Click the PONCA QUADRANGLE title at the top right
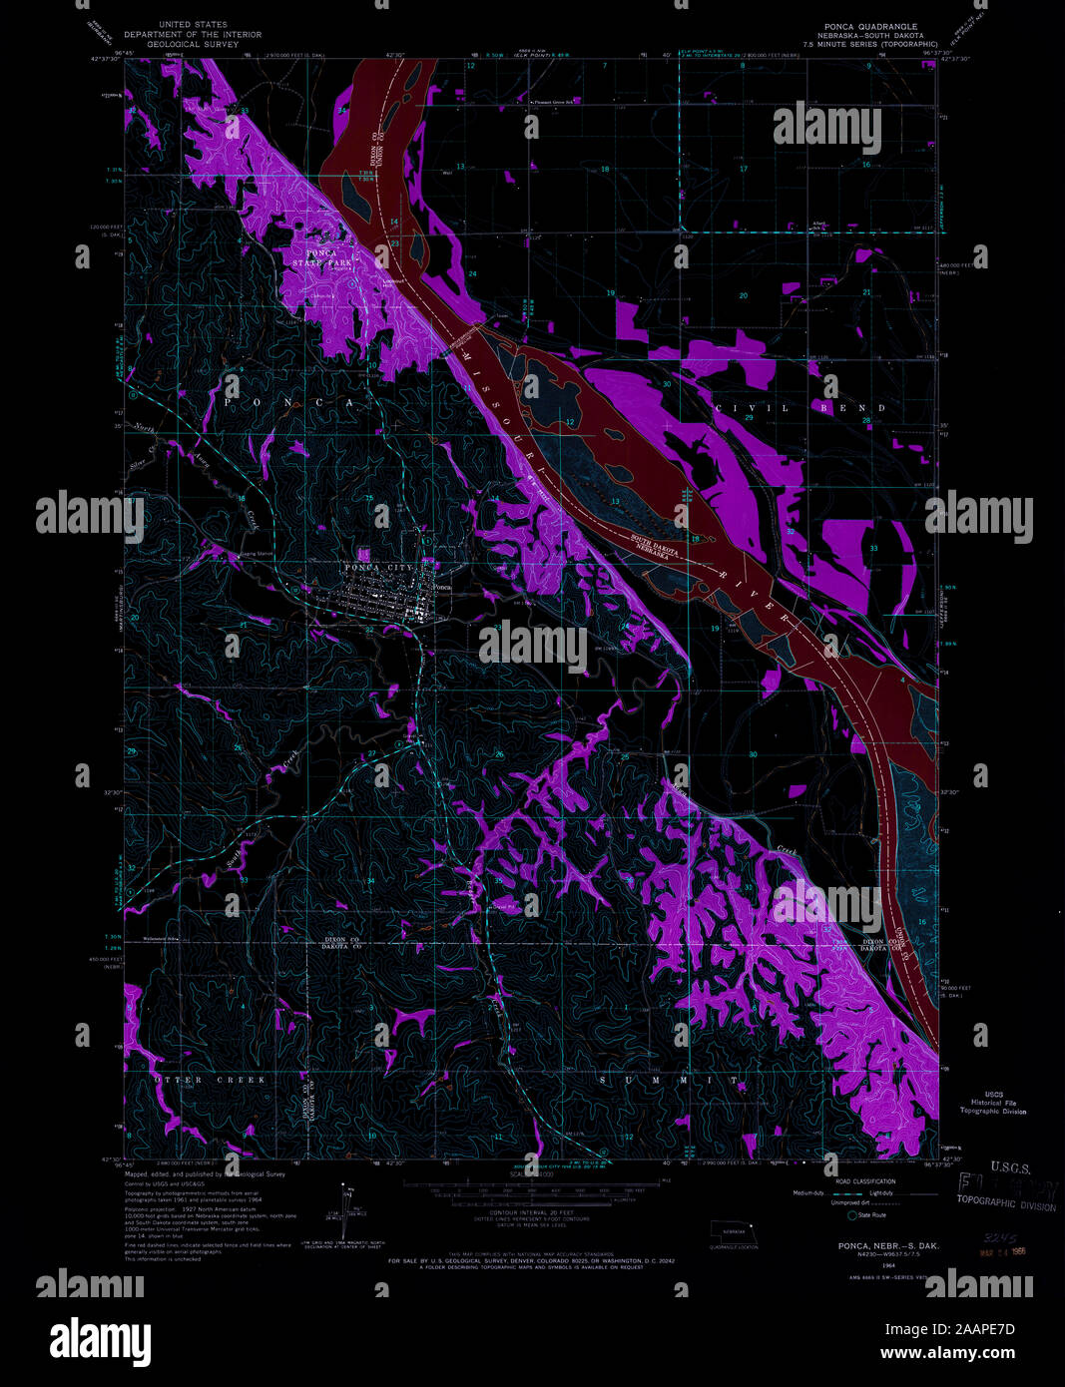point(869,26)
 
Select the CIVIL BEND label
point(799,408)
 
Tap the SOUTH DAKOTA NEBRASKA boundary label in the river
point(662,547)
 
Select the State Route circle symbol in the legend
point(852,1215)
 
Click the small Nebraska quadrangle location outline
point(733,1233)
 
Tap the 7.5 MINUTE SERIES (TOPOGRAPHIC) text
point(878,45)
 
